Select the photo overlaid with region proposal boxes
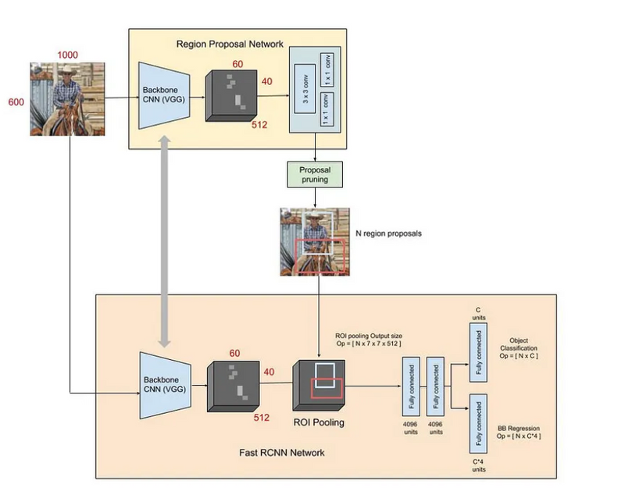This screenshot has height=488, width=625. click(x=314, y=241)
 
